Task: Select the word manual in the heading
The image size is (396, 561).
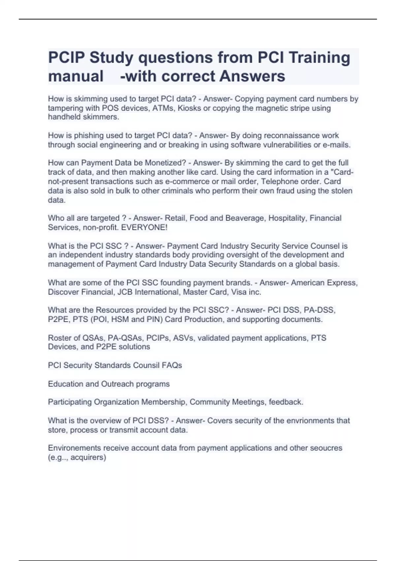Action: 76,76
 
